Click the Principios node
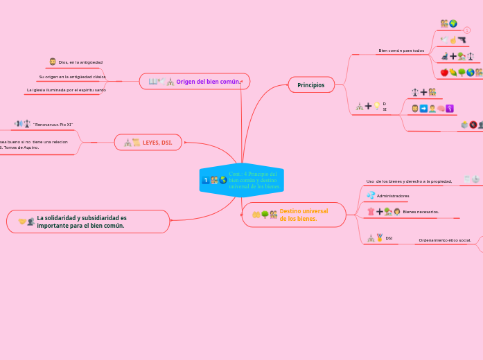(x=311, y=84)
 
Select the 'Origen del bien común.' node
(x=195, y=82)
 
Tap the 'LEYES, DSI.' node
(x=148, y=143)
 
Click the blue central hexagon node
(x=241, y=180)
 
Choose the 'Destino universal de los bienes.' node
(x=294, y=215)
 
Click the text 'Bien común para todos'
(x=401, y=51)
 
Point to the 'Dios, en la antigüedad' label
(x=80, y=62)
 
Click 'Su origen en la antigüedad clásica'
(x=72, y=77)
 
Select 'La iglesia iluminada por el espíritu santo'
(x=66, y=90)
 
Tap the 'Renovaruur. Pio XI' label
(x=53, y=125)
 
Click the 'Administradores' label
(x=392, y=196)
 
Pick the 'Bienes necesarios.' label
(x=421, y=212)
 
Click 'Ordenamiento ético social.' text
(x=445, y=240)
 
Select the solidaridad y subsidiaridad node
(x=88, y=222)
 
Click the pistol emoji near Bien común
(x=461, y=39)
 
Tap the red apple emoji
(x=444, y=72)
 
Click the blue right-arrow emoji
(x=423, y=108)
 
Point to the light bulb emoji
(x=376, y=106)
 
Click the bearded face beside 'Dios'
(x=53, y=62)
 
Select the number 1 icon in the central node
(x=206, y=181)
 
